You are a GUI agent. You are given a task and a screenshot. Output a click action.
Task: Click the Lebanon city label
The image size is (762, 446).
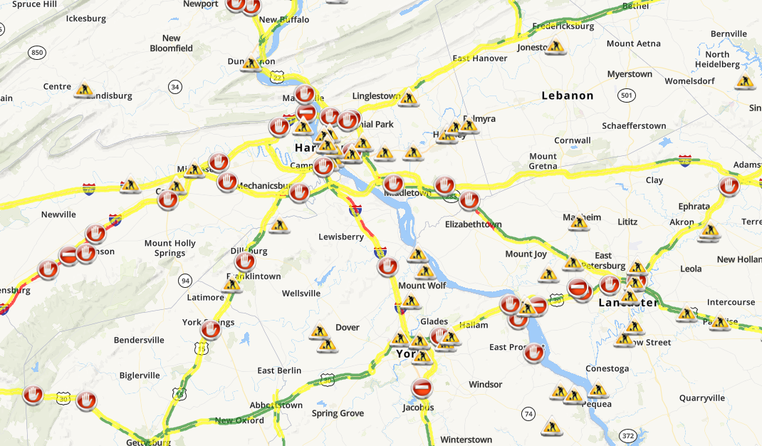pyautogui.click(x=567, y=95)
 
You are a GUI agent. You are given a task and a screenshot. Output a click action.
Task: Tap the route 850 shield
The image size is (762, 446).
pyautogui.click(x=38, y=52)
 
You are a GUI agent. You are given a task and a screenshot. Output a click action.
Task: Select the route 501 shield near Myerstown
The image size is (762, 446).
pyautogui.click(x=627, y=95)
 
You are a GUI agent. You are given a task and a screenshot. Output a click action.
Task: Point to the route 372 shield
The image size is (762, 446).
pyautogui.click(x=628, y=435)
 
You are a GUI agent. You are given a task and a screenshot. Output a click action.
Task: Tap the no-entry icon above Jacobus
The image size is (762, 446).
pyautogui.click(x=422, y=388)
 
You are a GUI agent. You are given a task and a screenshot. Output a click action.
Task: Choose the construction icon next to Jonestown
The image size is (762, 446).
pyautogui.click(x=555, y=47)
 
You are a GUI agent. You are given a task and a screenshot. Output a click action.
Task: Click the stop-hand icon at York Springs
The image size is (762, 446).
pyautogui.click(x=210, y=330)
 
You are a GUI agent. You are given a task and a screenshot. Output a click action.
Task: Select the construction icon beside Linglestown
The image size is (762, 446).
pyautogui.click(x=408, y=98)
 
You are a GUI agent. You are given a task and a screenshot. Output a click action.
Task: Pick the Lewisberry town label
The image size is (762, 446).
pyautogui.click(x=341, y=237)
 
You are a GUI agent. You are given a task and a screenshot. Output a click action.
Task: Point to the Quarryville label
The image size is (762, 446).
pyautogui.click(x=701, y=398)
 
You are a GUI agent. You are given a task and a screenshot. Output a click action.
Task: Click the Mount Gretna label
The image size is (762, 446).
pyautogui.click(x=543, y=161)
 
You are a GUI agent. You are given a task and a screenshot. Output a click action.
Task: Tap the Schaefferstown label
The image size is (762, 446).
pyautogui.click(x=634, y=126)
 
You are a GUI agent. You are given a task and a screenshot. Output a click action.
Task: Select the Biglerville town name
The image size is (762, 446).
pyautogui.click(x=140, y=375)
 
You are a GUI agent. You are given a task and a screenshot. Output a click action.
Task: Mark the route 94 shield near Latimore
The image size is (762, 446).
pyautogui.click(x=185, y=279)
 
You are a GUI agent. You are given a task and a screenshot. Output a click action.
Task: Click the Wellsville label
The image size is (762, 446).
pyautogui.click(x=301, y=293)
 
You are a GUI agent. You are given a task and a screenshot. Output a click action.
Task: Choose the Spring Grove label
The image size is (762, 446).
pyautogui.click(x=338, y=413)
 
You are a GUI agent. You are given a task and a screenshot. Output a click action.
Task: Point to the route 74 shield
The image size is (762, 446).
pyautogui.click(x=528, y=414)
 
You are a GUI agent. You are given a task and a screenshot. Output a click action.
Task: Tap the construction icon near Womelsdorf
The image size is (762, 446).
pyautogui.click(x=746, y=81)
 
